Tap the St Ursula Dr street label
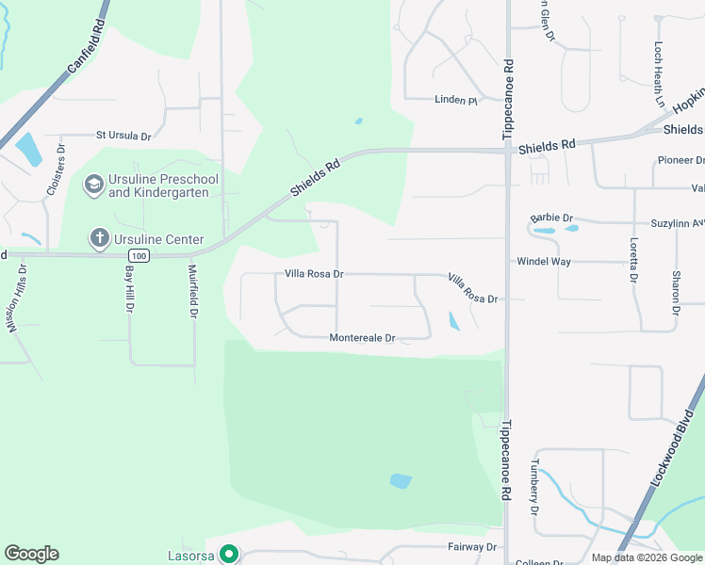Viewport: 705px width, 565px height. click(123, 136)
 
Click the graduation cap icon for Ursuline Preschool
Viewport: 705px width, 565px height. click(93, 184)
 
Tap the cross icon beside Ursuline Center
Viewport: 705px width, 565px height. click(99, 238)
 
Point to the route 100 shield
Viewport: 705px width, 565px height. click(139, 255)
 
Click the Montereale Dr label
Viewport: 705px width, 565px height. click(362, 337)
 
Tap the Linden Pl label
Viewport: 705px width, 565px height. click(455, 100)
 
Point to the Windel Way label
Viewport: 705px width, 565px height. click(543, 261)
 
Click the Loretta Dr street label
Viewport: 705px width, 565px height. click(632, 257)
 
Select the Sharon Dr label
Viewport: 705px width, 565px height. click(676, 292)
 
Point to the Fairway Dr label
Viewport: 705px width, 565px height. click(471, 546)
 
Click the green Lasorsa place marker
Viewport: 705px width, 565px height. click(227, 555)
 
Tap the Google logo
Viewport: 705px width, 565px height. click(31, 553)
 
